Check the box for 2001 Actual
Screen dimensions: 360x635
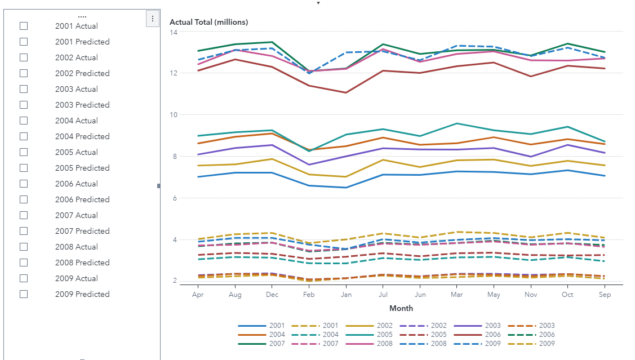(x=24, y=26)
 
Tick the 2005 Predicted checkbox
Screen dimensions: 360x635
(x=24, y=168)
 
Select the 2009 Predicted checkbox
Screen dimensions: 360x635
(x=24, y=294)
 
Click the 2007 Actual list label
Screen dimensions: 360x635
(x=76, y=215)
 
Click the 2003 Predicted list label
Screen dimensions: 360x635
(x=82, y=105)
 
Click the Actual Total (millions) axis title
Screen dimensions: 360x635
(x=208, y=22)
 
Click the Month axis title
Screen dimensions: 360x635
(x=401, y=308)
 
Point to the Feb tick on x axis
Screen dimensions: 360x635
(x=309, y=294)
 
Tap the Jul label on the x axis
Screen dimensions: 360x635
(x=383, y=294)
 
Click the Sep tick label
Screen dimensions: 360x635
(x=605, y=294)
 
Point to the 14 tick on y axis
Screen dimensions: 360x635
(x=174, y=32)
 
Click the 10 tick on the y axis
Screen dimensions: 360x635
(x=174, y=115)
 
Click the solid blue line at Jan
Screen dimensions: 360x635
(x=346, y=188)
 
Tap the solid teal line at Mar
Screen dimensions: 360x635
(x=457, y=123)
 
